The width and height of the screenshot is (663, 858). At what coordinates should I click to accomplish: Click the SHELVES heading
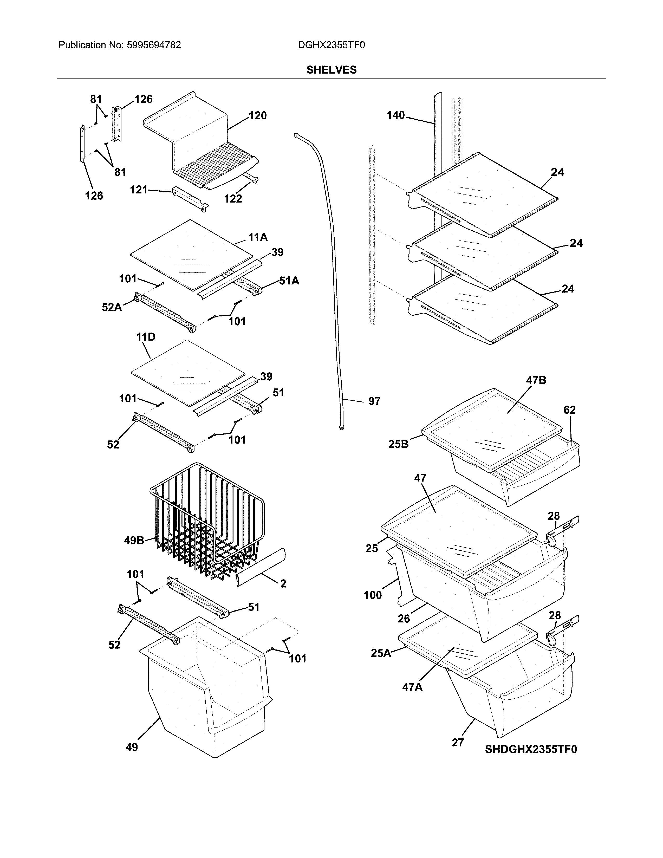click(x=331, y=70)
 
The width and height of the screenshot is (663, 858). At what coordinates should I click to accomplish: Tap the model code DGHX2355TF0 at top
click(x=331, y=45)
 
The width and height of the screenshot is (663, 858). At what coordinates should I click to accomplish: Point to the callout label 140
click(x=395, y=115)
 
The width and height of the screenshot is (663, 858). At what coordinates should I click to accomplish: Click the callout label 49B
click(x=134, y=541)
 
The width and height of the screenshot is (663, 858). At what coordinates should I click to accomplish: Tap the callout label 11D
click(x=146, y=337)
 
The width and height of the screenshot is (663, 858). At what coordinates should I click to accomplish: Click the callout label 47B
click(x=536, y=380)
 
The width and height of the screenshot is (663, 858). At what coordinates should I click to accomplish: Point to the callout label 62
click(x=569, y=410)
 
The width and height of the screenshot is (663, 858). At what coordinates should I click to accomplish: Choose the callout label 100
click(x=372, y=595)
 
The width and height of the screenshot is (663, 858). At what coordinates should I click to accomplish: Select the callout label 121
click(x=138, y=190)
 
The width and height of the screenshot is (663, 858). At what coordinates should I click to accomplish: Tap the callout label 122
click(x=233, y=199)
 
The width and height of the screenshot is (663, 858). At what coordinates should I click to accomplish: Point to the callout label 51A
click(x=289, y=281)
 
